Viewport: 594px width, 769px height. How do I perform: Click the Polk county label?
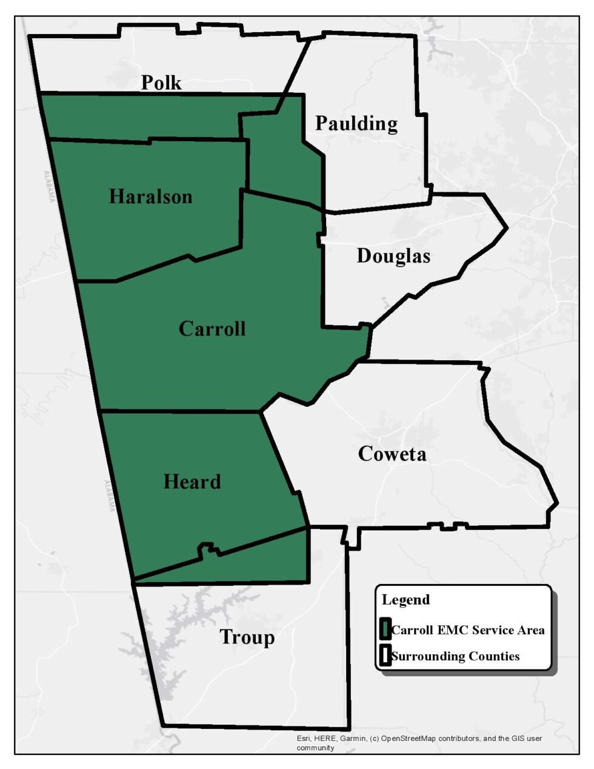click(x=161, y=82)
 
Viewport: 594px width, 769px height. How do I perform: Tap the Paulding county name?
click(x=356, y=124)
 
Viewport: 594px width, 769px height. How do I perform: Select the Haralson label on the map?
click(x=150, y=196)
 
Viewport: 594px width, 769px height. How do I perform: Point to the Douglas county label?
click(x=393, y=256)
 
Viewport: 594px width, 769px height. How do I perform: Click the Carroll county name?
click(x=212, y=329)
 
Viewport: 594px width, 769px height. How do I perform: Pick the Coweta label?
click(x=392, y=454)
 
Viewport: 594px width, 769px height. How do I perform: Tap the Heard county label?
click(x=192, y=482)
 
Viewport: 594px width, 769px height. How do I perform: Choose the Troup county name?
click(x=247, y=637)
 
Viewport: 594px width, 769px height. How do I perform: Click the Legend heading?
click(x=405, y=600)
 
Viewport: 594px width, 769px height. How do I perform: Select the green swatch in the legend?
click(x=384, y=630)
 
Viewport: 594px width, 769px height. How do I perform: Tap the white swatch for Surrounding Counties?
click(x=384, y=656)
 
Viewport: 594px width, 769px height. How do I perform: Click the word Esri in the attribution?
click(x=303, y=739)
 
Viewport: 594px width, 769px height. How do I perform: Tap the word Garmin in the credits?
click(x=353, y=739)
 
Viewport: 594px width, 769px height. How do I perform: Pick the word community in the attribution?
click(x=315, y=748)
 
